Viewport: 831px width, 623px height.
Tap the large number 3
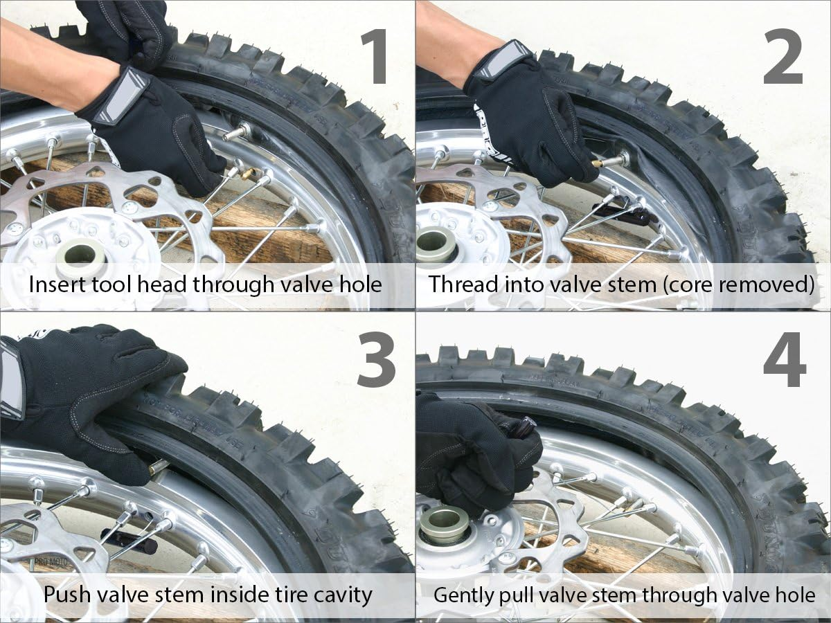(377, 364)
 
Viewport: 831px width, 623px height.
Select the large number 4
(785, 364)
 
